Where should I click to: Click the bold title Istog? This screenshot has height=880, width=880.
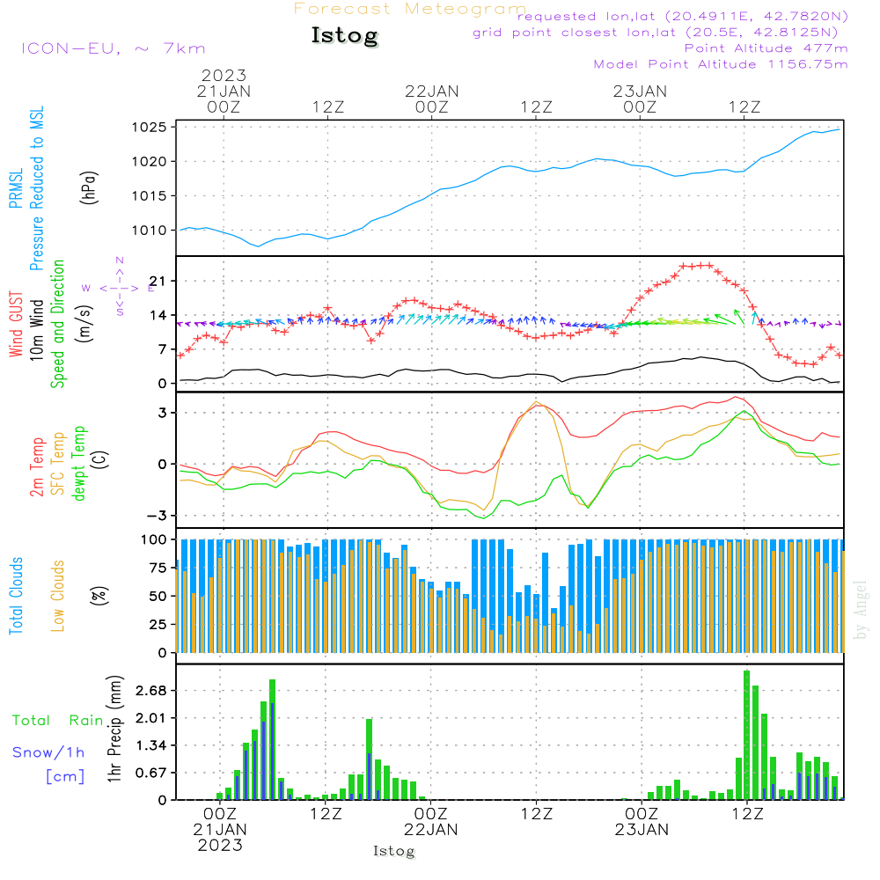(x=344, y=36)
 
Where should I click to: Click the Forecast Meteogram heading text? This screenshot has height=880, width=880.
(x=410, y=9)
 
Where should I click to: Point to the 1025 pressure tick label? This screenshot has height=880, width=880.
(x=150, y=127)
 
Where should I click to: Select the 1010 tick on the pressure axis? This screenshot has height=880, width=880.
(x=150, y=231)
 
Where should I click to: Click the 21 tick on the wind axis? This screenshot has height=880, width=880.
(x=157, y=281)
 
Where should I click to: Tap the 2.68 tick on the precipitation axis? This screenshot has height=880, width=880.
(x=149, y=691)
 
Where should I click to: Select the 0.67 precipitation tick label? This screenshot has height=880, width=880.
(x=149, y=773)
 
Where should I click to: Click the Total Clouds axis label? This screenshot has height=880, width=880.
(x=16, y=596)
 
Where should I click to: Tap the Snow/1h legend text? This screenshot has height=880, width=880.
(x=48, y=752)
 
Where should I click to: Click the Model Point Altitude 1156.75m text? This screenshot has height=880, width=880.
(x=721, y=64)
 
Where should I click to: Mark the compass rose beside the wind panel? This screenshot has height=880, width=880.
(x=119, y=287)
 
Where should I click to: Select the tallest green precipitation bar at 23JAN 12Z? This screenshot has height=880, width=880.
(x=746, y=734)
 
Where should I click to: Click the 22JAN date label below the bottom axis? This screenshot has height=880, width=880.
(x=431, y=829)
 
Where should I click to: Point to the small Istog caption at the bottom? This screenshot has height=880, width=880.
(x=393, y=852)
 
